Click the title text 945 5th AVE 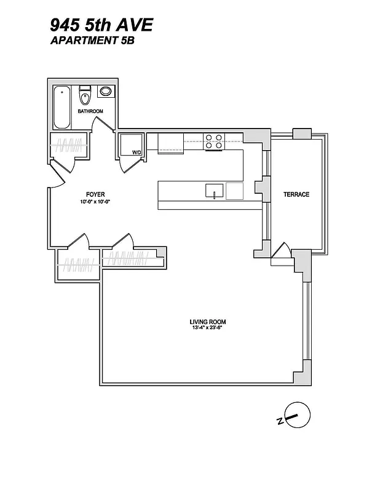tap(102, 25)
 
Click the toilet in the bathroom tap(85, 96)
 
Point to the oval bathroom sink tap(106, 92)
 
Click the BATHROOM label tap(90, 111)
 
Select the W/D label tap(137, 152)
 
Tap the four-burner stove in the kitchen tap(213, 141)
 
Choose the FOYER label tap(95, 195)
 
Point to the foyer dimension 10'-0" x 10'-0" tap(95, 202)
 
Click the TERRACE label tap(296, 194)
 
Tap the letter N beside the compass tap(279, 421)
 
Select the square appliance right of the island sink tap(235, 191)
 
